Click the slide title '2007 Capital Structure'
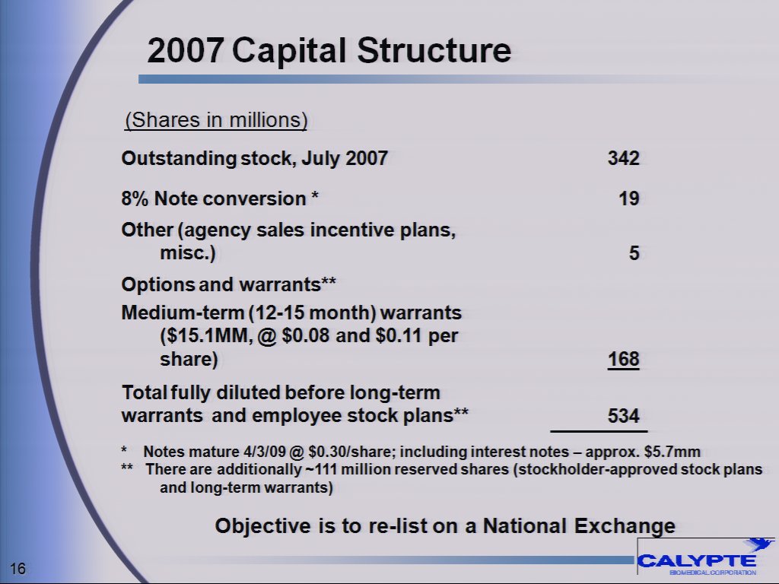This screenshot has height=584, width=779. (329, 51)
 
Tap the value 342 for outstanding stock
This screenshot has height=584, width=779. (623, 158)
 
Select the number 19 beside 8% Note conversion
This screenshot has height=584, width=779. (628, 199)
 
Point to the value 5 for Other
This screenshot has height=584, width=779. (634, 254)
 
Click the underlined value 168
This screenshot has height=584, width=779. (623, 359)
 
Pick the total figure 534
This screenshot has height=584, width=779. (623, 416)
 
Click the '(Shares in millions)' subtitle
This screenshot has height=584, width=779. (216, 120)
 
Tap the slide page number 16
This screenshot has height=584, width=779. (19, 569)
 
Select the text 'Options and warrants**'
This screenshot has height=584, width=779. (229, 284)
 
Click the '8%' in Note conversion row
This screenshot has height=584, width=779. (135, 199)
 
